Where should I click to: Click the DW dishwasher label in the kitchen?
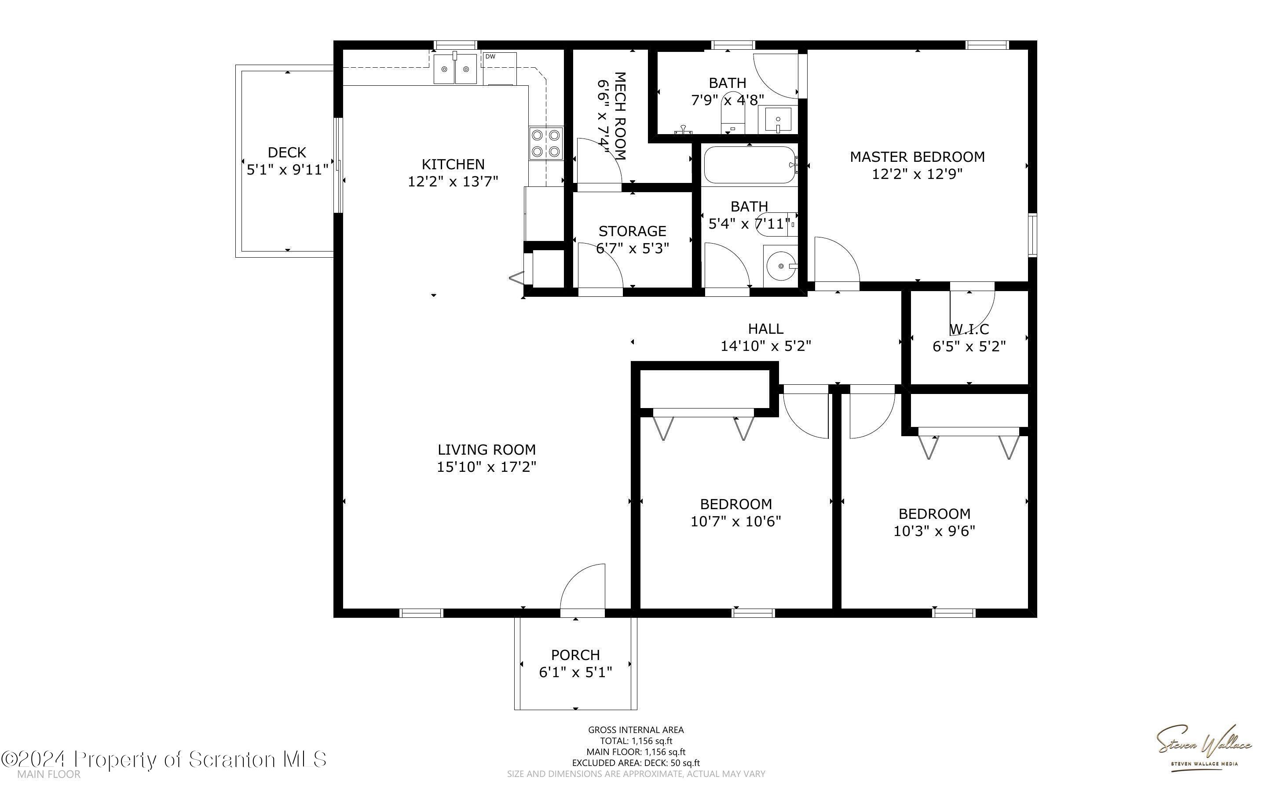tap(490, 56)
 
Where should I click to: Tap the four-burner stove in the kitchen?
tap(546, 143)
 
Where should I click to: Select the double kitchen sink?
tap(455, 68)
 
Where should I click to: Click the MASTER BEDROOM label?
tap(917, 157)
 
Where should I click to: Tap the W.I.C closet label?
tap(969, 329)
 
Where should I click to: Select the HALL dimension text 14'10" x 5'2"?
tap(765, 346)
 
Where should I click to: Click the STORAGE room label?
tap(632, 231)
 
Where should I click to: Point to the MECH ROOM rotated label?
tap(621, 116)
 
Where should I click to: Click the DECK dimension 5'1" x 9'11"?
tap(287, 169)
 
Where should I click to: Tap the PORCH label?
tap(575, 655)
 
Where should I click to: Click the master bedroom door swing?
tap(837, 260)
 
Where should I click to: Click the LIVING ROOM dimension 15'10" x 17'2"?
tap(487, 467)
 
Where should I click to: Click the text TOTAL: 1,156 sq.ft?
tap(636, 741)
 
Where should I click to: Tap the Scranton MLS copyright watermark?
tap(164, 759)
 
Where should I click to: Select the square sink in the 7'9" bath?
tap(778, 120)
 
